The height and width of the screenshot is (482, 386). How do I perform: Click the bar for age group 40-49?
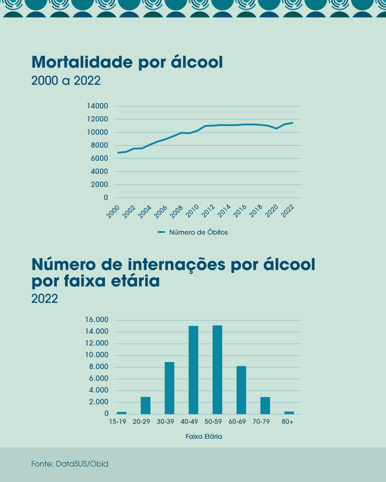point(193,370)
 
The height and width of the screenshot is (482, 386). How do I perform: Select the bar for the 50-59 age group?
point(217,370)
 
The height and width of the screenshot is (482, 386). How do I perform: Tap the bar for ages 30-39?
point(170,388)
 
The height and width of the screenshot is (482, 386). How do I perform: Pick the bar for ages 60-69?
point(241,390)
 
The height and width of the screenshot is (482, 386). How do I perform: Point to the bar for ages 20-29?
point(146,405)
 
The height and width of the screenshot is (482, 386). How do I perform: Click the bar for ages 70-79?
point(265,405)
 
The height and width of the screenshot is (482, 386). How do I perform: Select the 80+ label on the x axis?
point(288,422)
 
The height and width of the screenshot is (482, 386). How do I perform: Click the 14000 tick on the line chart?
point(97,106)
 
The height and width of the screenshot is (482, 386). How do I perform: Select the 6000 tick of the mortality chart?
point(99,158)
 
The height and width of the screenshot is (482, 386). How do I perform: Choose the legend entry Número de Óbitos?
point(198,232)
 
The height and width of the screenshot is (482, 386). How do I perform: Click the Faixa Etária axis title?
point(203,436)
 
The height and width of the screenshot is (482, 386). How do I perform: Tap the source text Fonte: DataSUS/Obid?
point(70,464)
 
